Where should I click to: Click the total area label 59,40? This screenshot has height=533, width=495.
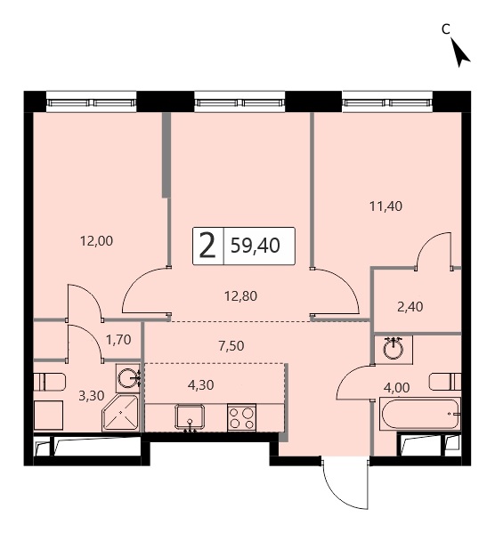point(256,245)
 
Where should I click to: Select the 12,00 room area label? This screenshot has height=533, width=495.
point(96,241)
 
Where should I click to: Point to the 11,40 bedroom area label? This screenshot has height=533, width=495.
point(385,206)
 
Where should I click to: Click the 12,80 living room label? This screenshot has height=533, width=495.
point(240,296)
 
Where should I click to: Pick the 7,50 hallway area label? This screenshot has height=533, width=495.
point(231,346)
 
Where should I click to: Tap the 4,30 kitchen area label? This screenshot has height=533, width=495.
point(200,385)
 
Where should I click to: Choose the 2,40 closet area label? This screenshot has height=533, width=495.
point(410,307)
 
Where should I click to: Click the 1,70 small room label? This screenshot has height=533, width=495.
point(118,340)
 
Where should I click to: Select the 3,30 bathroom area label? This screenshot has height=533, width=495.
point(91,396)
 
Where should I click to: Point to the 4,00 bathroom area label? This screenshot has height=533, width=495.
point(397,387)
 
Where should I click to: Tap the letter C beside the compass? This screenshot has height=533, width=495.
point(446,29)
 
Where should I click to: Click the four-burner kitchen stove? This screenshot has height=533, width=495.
point(241,417)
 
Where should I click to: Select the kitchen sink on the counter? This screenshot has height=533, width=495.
point(190,416)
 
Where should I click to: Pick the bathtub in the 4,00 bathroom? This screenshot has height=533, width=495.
point(420,414)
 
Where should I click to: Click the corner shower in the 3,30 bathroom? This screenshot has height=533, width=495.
point(120,413)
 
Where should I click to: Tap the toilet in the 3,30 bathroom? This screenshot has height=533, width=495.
point(50,382)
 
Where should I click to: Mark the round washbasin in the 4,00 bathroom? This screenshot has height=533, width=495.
point(394,349)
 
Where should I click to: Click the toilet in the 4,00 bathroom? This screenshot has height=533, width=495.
point(445,382)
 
